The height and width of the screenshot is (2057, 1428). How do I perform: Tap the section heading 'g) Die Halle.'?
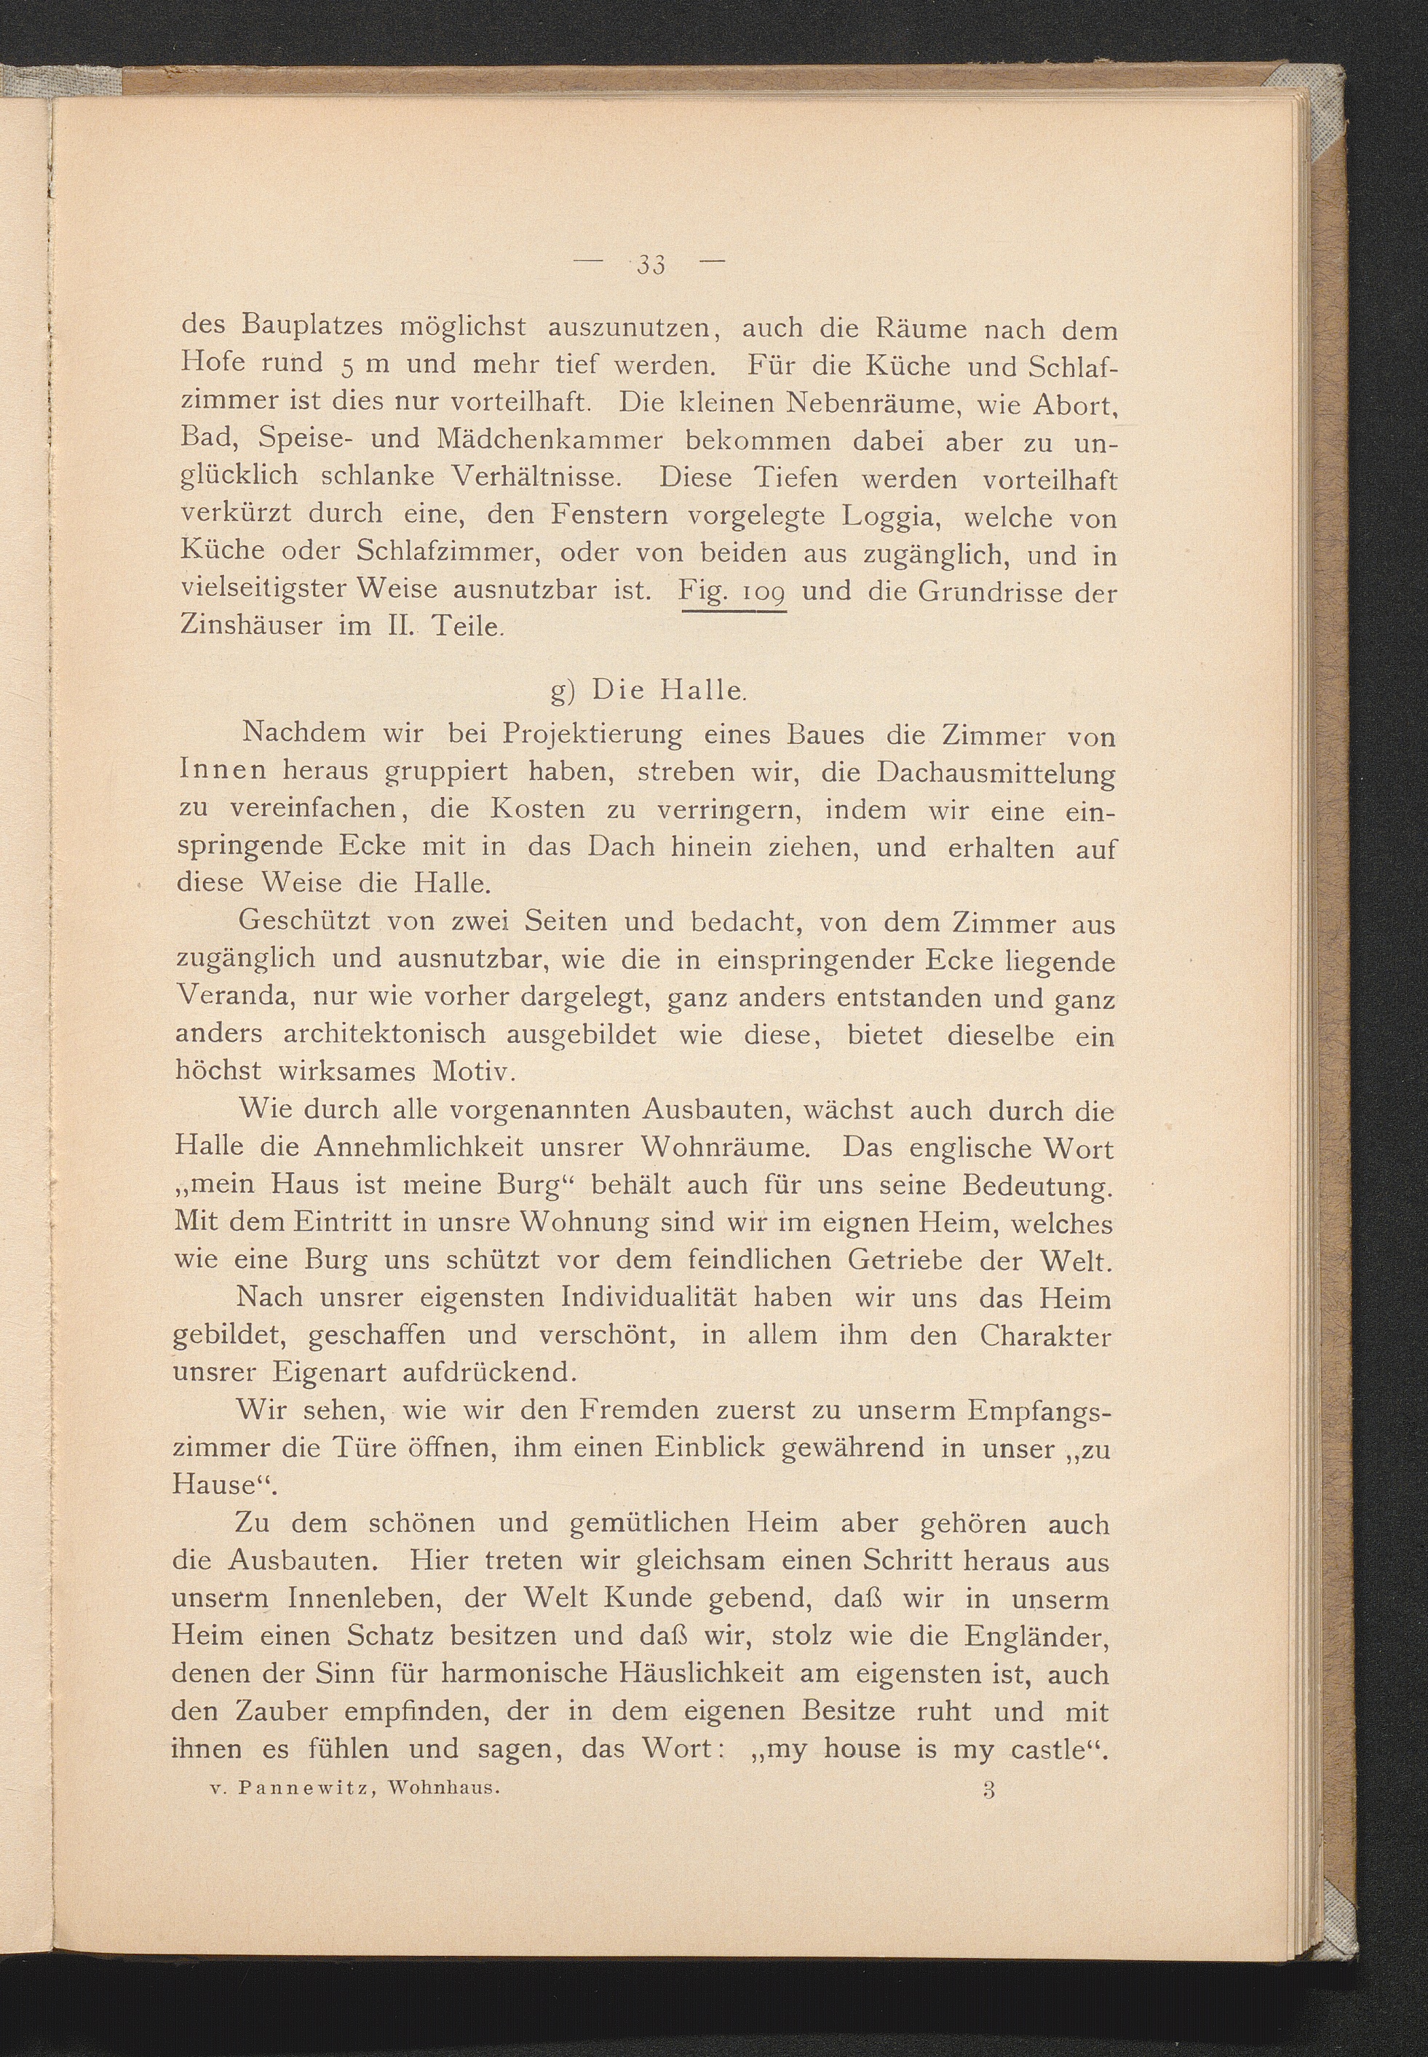click(x=648, y=691)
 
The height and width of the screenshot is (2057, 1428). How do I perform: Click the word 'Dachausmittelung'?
click(x=996, y=773)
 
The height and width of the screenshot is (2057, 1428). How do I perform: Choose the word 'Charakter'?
click(x=1044, y=1336)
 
